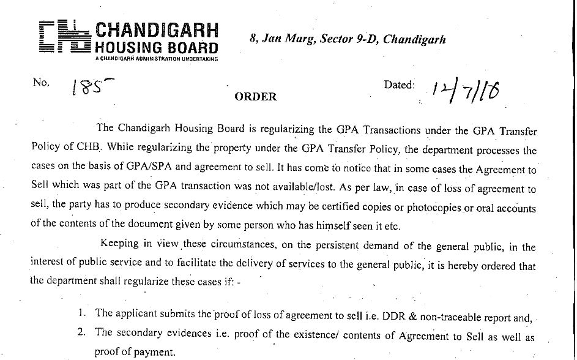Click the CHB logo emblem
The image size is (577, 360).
[x=64, y=38]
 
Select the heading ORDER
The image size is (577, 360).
[x=256, y=97]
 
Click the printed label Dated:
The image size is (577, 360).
[x=400, y=84]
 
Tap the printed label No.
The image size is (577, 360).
[x=41, y=83]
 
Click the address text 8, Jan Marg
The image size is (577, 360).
[x=279, y=39]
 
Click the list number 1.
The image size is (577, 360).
[x=83, y=313]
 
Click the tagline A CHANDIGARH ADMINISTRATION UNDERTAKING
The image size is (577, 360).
[x=153, y=59]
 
